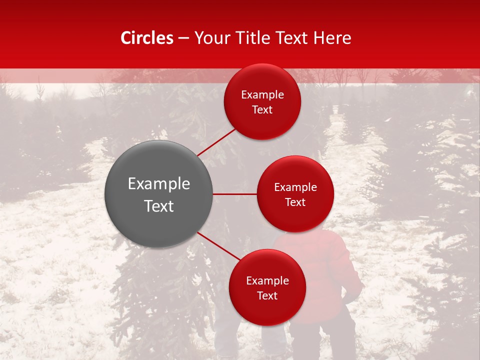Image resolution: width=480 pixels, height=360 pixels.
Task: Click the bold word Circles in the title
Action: coord(146,38)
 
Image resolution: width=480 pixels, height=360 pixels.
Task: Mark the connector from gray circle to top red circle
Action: coord(216,142)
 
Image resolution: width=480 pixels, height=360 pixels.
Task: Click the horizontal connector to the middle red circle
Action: coord(234,194)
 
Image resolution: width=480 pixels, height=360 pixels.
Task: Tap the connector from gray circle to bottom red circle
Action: coord(218,246)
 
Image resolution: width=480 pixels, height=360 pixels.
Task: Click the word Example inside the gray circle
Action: coord(159,183)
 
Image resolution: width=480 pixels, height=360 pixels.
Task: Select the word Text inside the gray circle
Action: coord(159,206)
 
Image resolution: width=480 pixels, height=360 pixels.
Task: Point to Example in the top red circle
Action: coord(262,95)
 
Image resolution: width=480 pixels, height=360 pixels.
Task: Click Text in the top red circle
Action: coord(262,109)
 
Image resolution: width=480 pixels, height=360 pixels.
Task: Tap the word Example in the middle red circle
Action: coord(295,187)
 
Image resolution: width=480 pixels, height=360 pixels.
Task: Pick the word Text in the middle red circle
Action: coord(295,202)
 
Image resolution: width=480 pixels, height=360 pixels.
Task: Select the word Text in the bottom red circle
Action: coord(267,295)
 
